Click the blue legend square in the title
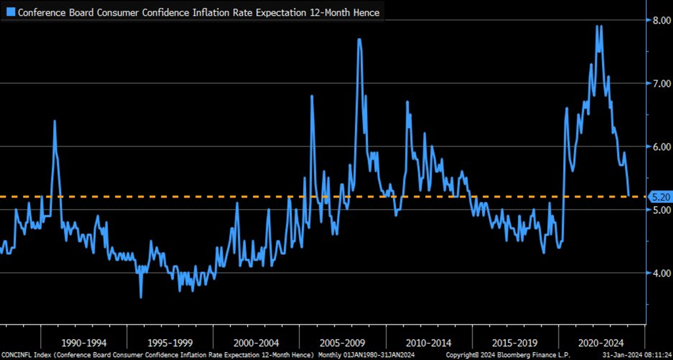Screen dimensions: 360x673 point(11,12)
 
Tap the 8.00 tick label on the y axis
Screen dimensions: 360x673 point(658,20)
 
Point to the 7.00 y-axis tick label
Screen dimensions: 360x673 point(658,83)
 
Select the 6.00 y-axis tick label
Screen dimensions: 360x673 point(658,146)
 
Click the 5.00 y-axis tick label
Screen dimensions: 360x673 point(658,210)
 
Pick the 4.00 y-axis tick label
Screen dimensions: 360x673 point(658,273)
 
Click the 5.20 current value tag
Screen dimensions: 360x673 point(659,196)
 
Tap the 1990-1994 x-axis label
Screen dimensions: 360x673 point(83,342)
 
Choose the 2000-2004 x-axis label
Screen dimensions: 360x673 point(256,342)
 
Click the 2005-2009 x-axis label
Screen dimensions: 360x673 point(342,342)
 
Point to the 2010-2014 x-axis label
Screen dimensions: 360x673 point(429,342)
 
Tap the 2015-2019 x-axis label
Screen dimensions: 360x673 point(515,342)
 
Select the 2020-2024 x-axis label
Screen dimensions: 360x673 point(601,342)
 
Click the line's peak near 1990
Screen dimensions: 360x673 point(55,122)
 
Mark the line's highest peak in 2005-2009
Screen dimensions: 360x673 point(360,39)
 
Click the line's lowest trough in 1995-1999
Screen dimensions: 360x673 point(140,297)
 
